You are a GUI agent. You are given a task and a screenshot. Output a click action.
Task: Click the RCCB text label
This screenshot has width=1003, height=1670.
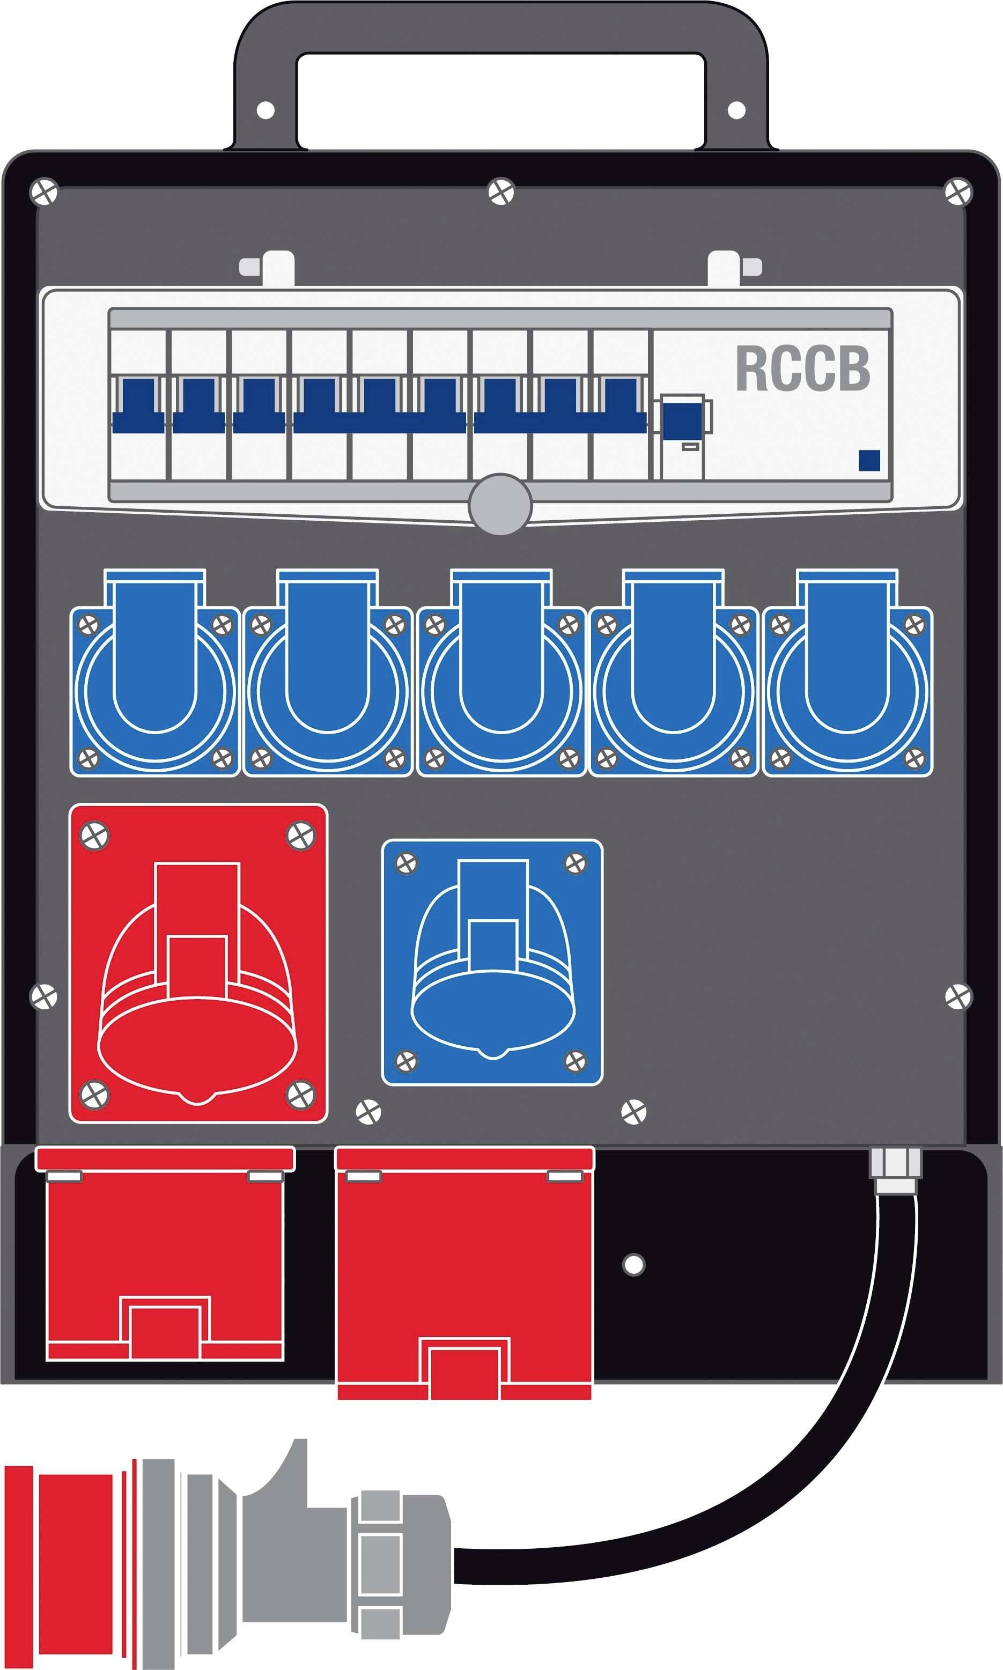click(x=802, y=369)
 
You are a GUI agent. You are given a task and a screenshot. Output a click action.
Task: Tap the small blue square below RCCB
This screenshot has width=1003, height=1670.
click(x=868, y=460)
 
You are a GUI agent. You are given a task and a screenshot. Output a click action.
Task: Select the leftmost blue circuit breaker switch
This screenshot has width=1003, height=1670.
click(x=138, y=405)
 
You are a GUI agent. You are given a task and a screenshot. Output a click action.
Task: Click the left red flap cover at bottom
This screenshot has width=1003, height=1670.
click(x=164, y=1257)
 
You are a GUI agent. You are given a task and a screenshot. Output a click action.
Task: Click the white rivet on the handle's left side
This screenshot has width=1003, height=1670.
click(x=265, y=109)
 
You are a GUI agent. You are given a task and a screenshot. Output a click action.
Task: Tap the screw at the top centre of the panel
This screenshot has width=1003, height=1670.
click(x=501, y=192)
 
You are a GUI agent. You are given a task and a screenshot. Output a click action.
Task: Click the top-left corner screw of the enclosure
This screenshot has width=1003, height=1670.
click(x=45, y=192)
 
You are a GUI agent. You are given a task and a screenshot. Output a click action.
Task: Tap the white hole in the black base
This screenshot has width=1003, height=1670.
click(x=633, y=1264)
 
